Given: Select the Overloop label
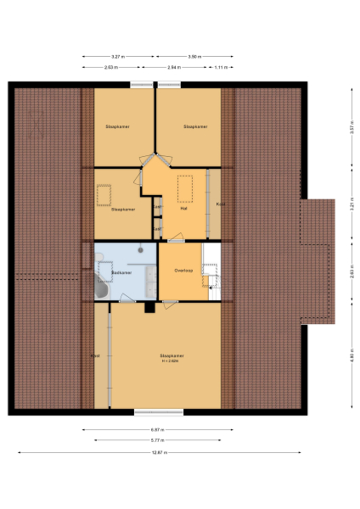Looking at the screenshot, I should point(184,270).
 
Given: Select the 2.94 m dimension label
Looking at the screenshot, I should point(173,66).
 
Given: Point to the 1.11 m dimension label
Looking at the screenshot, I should point(221,66).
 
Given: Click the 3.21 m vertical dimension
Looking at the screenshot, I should point(351,206).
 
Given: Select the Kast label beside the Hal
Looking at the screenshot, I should point(220,204).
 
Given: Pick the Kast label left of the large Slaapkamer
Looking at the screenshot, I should point(96,355).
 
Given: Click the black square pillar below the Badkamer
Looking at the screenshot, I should point(149,307).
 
